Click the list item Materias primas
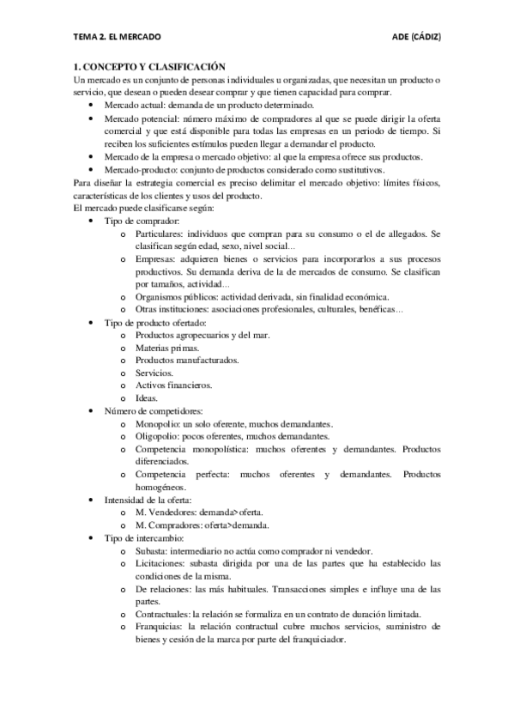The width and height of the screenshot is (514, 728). [x=167, y=348]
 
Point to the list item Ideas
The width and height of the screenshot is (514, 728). [x=147, y=398]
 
